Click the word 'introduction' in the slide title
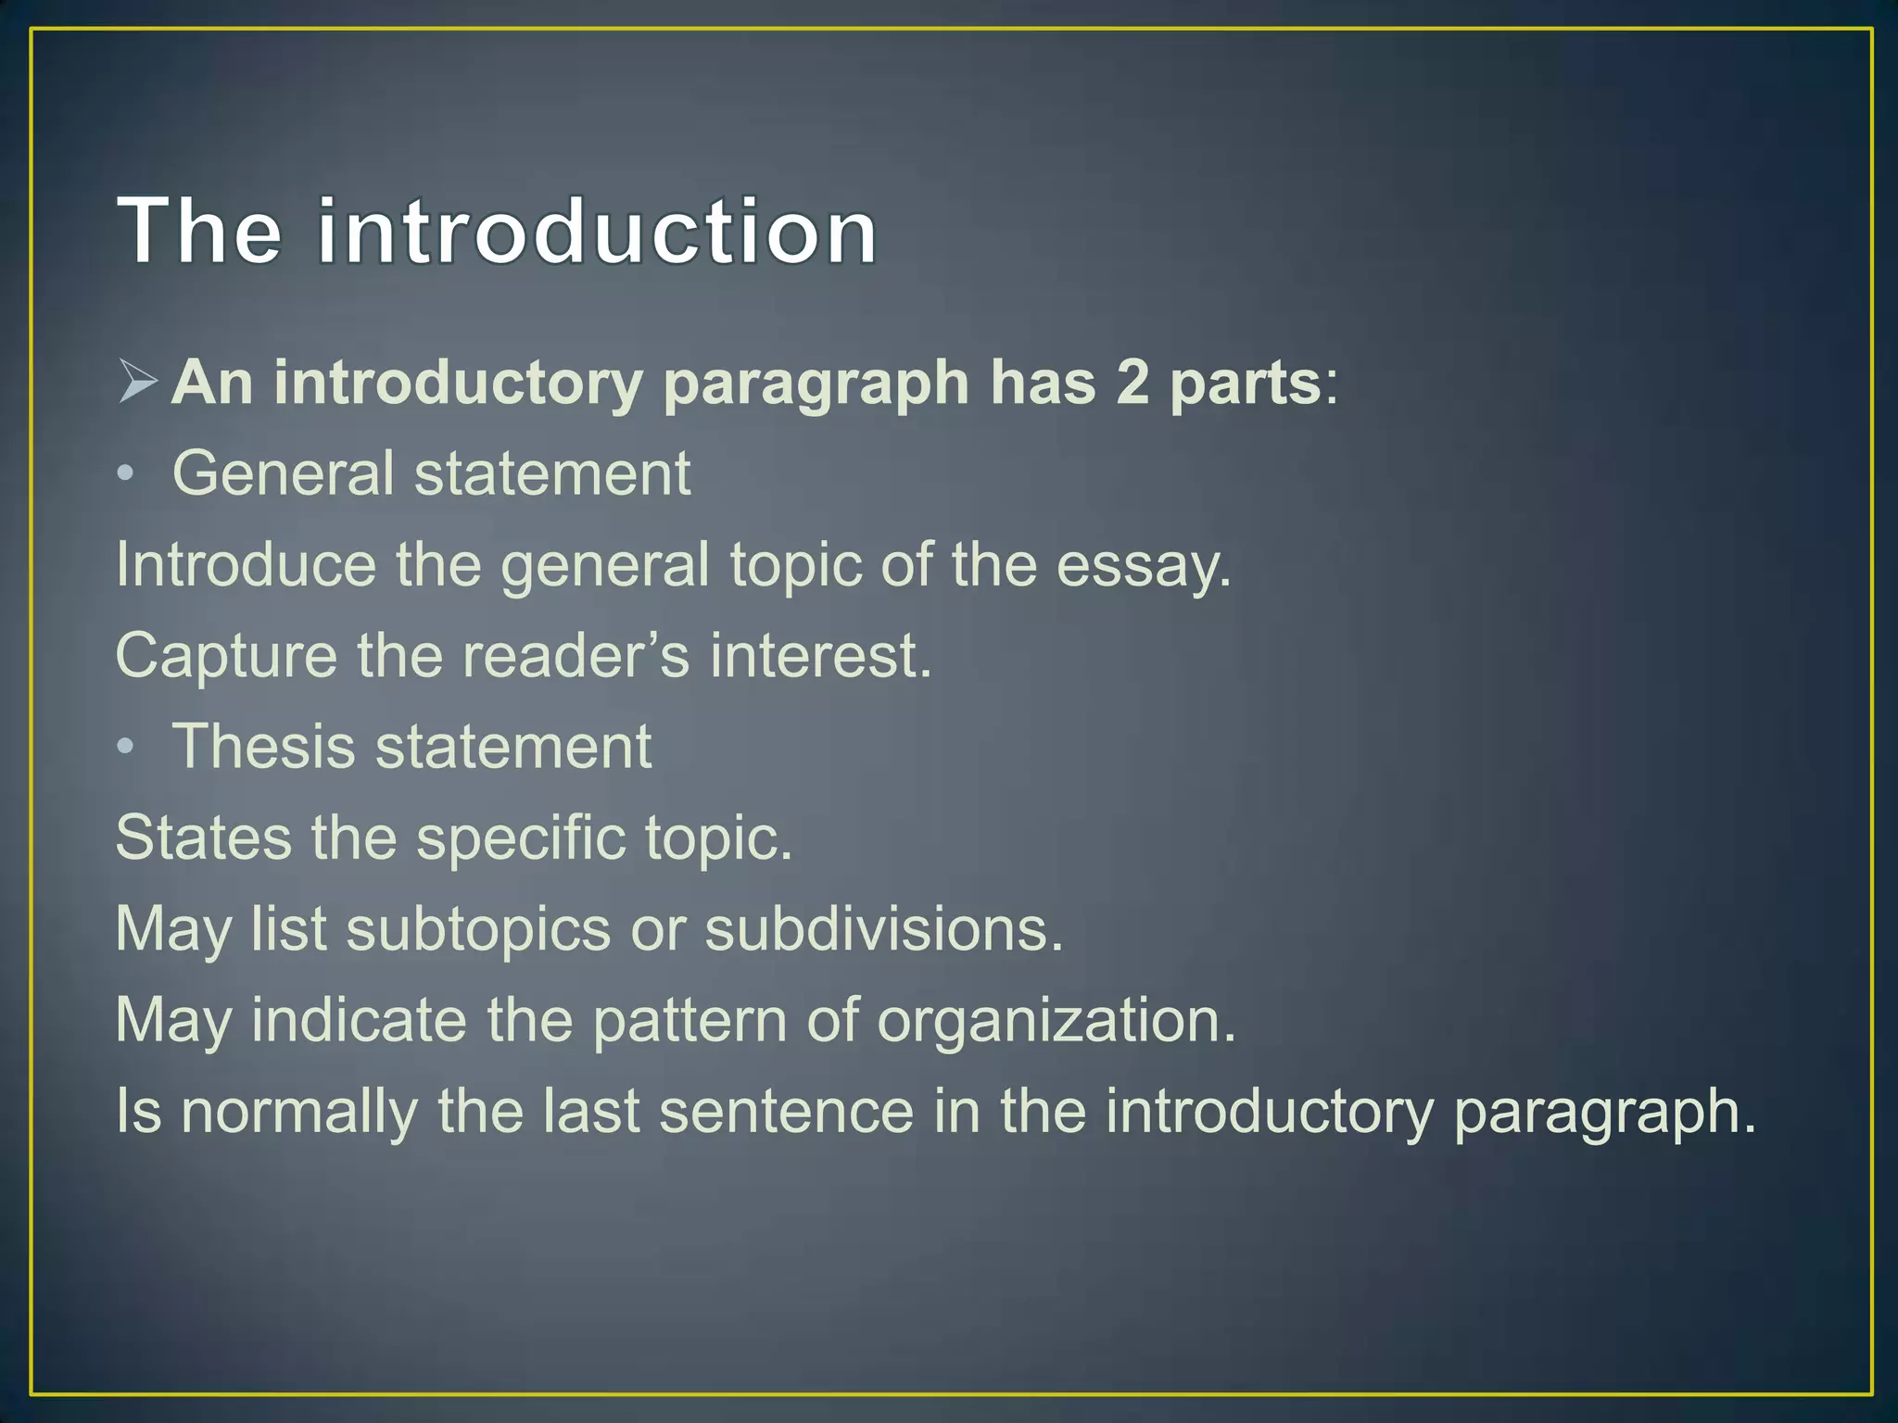coord(597,231)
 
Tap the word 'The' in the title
coord(200,231)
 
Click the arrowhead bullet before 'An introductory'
coord(138,383)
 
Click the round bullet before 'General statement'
coord(126,475)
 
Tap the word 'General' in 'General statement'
coord(283,473)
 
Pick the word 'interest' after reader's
coord(819,655)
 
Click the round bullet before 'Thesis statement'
coord(126,748)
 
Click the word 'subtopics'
coord(478,929)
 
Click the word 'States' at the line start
coord(203,837)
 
